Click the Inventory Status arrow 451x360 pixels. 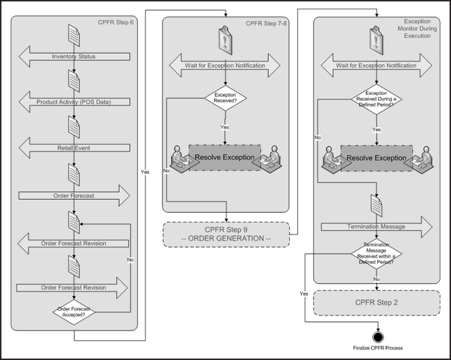(73, 57)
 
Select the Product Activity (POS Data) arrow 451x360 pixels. (73, 102)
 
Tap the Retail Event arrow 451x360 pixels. (73, 146)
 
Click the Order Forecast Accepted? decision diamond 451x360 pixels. (73, 313)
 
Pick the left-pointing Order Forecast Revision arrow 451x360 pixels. (73, 243)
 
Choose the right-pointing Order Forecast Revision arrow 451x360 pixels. (73, 287)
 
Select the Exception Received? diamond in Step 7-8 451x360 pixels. (225, 97)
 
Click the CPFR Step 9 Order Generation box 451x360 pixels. (226, 234)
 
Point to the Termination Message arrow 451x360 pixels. (376, 227)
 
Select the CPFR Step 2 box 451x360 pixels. (376, 303)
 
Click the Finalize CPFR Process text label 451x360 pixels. (378, 348)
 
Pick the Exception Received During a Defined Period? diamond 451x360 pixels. (376, 98)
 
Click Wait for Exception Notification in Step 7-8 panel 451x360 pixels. (225, 66)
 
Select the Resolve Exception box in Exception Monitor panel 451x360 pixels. (376, 158)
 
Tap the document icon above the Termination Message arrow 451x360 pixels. (376, 206)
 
